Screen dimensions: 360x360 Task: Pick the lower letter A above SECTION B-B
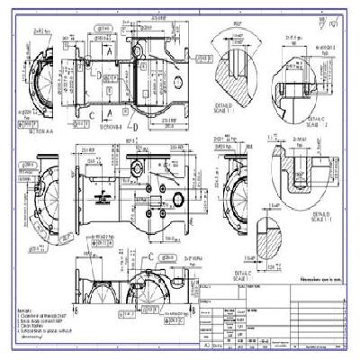[109, 112]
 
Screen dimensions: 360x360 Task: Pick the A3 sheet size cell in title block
[209, 344]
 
